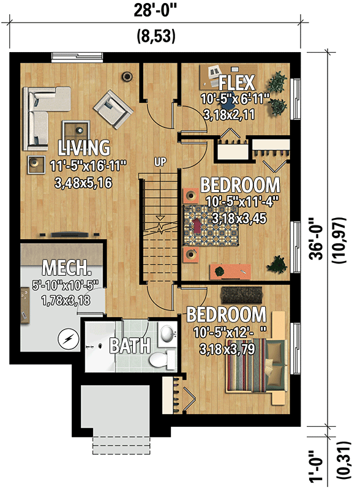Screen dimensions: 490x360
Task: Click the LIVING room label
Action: [x=84, y=148]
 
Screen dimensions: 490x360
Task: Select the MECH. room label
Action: [x=67, y=268]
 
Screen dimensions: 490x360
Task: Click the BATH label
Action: [x=130, y=345]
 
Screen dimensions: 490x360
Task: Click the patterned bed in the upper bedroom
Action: [x=211, y=225]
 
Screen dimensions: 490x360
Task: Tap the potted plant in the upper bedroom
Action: [x=276, y=265]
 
